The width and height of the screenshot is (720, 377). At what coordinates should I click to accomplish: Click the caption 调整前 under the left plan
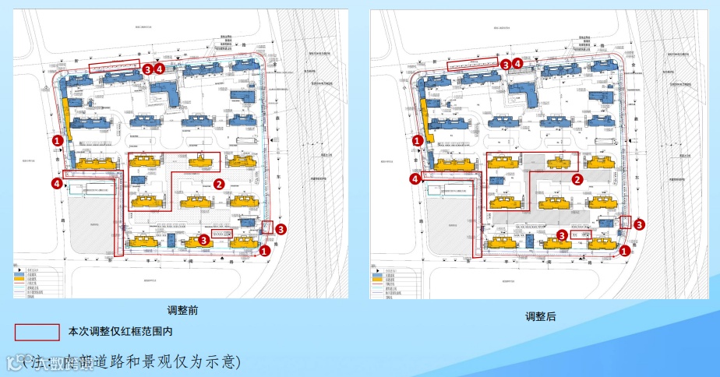[x=182, y=310]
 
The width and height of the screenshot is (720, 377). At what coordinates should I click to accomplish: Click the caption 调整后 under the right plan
[x=540, y=317]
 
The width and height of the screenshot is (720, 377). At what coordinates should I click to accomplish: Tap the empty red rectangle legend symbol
[x=37, y=332]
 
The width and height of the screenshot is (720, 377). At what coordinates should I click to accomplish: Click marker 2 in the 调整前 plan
[x=219, y=183]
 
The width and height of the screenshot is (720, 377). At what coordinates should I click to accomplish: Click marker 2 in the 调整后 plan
[x=577, y=178]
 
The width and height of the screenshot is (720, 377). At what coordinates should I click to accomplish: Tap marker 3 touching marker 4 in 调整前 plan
[x=148, y=69]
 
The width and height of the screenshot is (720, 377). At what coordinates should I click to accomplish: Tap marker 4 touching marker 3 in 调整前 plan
[x=160, y=69]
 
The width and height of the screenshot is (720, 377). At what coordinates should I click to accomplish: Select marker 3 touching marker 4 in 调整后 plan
[x=506, y=65]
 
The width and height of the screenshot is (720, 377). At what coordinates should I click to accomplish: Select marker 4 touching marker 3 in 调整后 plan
[x=517, y=65]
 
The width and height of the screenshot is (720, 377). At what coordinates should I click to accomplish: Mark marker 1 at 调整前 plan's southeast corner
[x=265, y=251]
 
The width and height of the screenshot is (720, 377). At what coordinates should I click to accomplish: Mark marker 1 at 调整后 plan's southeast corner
[x=624, y=251]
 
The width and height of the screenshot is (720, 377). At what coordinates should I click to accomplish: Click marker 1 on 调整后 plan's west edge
[x=417, y=141]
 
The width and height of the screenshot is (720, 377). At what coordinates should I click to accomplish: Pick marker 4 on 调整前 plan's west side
[x=56, y=183]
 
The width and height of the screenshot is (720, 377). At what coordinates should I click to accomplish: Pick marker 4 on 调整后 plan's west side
[x=415, y=178]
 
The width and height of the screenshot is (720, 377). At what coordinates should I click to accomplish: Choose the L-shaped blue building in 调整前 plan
[x=165, y=93]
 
